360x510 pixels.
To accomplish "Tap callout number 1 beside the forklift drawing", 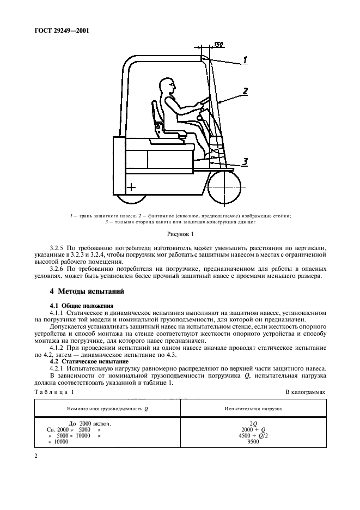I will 246,60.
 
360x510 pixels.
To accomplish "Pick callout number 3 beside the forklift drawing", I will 246,161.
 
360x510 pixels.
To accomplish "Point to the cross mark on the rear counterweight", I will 130,188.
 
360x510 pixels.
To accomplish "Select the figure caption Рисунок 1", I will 180,234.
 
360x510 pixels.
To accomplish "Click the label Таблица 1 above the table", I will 53,392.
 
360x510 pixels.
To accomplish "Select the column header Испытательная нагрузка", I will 253,409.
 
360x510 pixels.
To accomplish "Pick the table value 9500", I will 253,442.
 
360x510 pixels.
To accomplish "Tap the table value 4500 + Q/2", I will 253,435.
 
